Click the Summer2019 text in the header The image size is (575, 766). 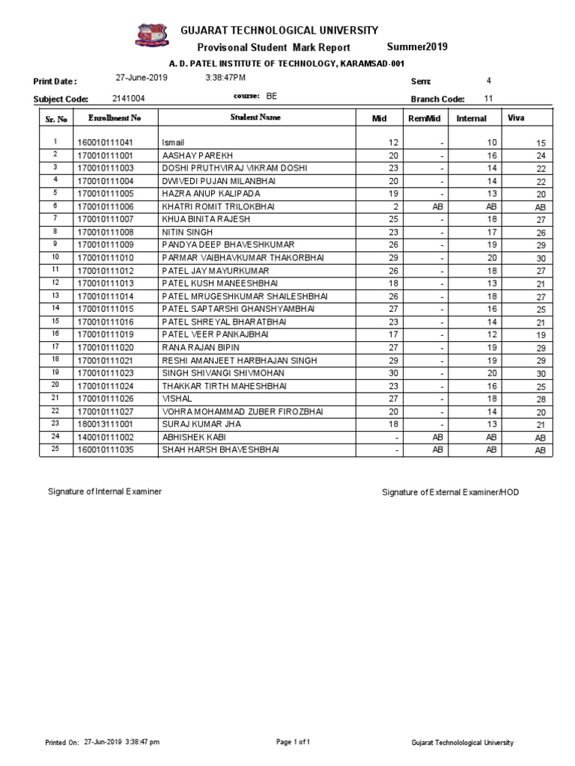click(417, 47)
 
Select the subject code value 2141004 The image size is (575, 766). click(129, 98)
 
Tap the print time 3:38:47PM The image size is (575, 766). click(225, 78)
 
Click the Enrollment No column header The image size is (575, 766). click(114, 118)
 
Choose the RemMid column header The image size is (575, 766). click(423, 118)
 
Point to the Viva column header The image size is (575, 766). click(516, 118)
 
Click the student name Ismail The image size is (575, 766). click(173, 142)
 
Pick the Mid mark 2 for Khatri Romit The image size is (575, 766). click(395, 206)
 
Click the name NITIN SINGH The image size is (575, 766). click(187, 232)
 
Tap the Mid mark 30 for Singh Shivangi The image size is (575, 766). click(392, 372)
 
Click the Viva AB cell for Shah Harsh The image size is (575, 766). click(540, 450)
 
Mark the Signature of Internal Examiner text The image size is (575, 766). click(105, 491)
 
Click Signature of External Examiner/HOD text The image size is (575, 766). click(450, 492)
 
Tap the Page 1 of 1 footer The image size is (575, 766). click(293, 742)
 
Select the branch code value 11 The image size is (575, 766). click(488, 98)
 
